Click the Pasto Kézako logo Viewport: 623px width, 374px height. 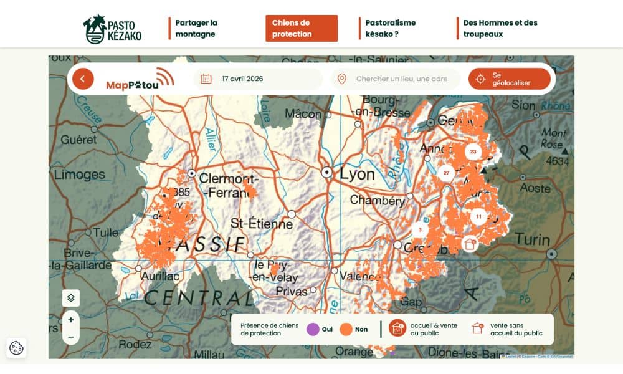tap(113, 29)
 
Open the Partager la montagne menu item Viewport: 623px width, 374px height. tap(196, 29)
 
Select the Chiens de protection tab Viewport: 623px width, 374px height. tap(302, 29)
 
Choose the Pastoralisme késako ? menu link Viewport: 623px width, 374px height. tap(390, 29)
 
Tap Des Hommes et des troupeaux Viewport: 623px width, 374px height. tap(500, 29)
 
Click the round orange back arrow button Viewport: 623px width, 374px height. tap(83, 79)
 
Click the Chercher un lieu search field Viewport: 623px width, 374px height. tap(401, 79)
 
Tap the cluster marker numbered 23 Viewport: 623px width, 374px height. tap(473, 151)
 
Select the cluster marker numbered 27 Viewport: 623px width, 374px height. tap(446, 173)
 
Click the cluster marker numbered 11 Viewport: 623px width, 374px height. tap(478, 217)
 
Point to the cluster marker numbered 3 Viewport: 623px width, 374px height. tap(420, 229)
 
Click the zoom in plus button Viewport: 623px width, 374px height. tap(71, 320)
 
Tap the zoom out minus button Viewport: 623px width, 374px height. tap(71, 337)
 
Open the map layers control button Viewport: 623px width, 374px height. tap(71, 298)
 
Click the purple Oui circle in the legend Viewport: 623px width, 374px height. tap(313, 329)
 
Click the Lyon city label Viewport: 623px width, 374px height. tap(356, 173)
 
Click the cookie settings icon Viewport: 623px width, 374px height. tap(17, 348)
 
